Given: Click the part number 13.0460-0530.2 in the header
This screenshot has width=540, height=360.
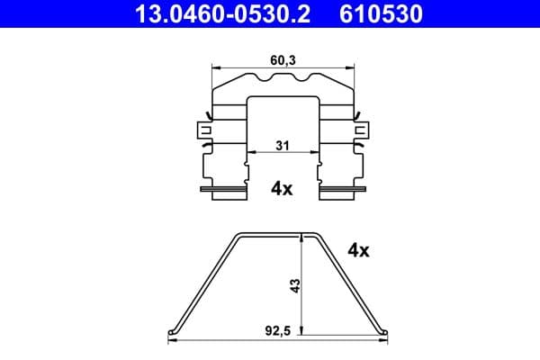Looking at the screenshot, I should [217, 14].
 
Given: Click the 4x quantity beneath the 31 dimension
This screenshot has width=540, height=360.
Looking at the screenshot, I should [282, 189].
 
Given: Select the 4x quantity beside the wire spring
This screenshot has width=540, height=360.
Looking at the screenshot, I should [357, 251].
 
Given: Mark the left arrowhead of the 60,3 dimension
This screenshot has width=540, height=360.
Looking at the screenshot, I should [214, 67].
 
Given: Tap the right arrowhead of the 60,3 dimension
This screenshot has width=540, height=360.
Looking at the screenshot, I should [350, 67].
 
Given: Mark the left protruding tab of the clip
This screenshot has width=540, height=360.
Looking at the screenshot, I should [202, 131].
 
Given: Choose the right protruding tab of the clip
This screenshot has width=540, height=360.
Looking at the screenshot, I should [363, 131].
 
